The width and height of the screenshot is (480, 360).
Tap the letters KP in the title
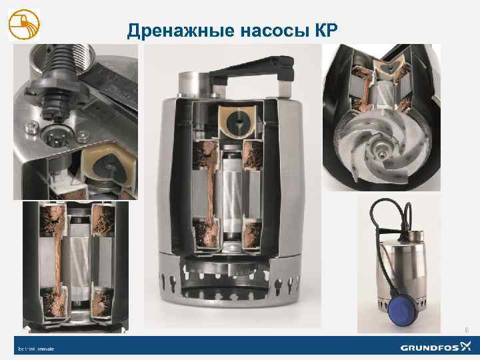point(323,31)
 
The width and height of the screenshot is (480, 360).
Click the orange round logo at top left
point(24,25)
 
